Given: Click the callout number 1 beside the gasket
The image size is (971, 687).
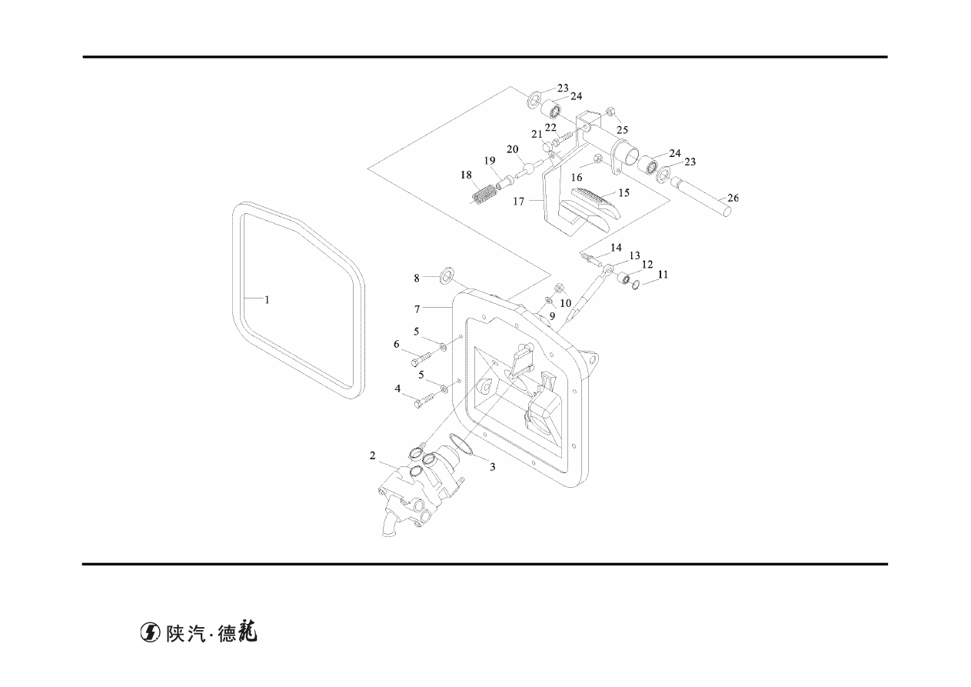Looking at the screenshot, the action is (x=267, y=300).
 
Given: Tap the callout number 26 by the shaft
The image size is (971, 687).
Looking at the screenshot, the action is (x=733, y=198).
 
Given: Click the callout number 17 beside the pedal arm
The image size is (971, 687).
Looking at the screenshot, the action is (x=519, y=202).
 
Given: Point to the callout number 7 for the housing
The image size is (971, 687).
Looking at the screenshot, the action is (x=417, y=309).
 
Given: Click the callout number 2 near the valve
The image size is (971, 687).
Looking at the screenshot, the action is (x=372, y=455).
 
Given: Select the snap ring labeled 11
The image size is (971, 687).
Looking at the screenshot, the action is (x=635, y=285).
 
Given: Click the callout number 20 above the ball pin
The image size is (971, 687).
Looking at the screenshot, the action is (x=512, y=149).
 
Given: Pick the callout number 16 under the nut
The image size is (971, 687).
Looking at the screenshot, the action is (x=577, y=178).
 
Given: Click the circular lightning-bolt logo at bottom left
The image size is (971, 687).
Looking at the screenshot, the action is (x=150, y=633).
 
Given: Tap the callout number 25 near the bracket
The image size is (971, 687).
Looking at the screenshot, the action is (x=622, y=130).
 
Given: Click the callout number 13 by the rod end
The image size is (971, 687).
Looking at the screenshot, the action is (x=634, y=256).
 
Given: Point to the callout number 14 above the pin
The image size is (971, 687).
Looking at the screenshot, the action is (x=616, y=248).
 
